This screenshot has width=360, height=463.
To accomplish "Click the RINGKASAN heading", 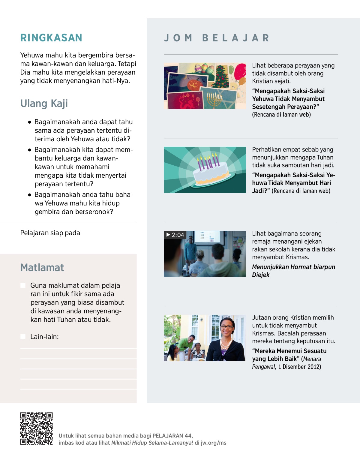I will [x=51, y=38].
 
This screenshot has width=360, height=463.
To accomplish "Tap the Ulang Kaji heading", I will [x=44, y=104].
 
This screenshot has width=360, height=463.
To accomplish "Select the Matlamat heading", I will [x=42, y=267].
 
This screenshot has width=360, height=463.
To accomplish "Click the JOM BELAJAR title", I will [x=217, y=38].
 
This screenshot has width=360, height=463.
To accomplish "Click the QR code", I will [x=36, y=428].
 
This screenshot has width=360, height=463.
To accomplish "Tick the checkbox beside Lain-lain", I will [x=23, y=337].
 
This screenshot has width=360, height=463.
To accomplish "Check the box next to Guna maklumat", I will [x=23, y=285].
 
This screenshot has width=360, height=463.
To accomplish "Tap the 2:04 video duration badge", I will [x=175, y=235].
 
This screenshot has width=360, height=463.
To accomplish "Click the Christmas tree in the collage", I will [x=222, y=77].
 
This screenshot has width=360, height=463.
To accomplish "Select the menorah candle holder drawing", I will [x=214, y=100].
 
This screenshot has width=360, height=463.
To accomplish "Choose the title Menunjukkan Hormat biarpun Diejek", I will [x=293, y=271].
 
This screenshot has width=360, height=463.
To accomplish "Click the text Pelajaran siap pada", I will [x=50, y=233].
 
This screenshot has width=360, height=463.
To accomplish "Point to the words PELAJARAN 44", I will [x=172, y=436].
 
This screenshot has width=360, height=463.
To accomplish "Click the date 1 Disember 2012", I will [x=299, y=367].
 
